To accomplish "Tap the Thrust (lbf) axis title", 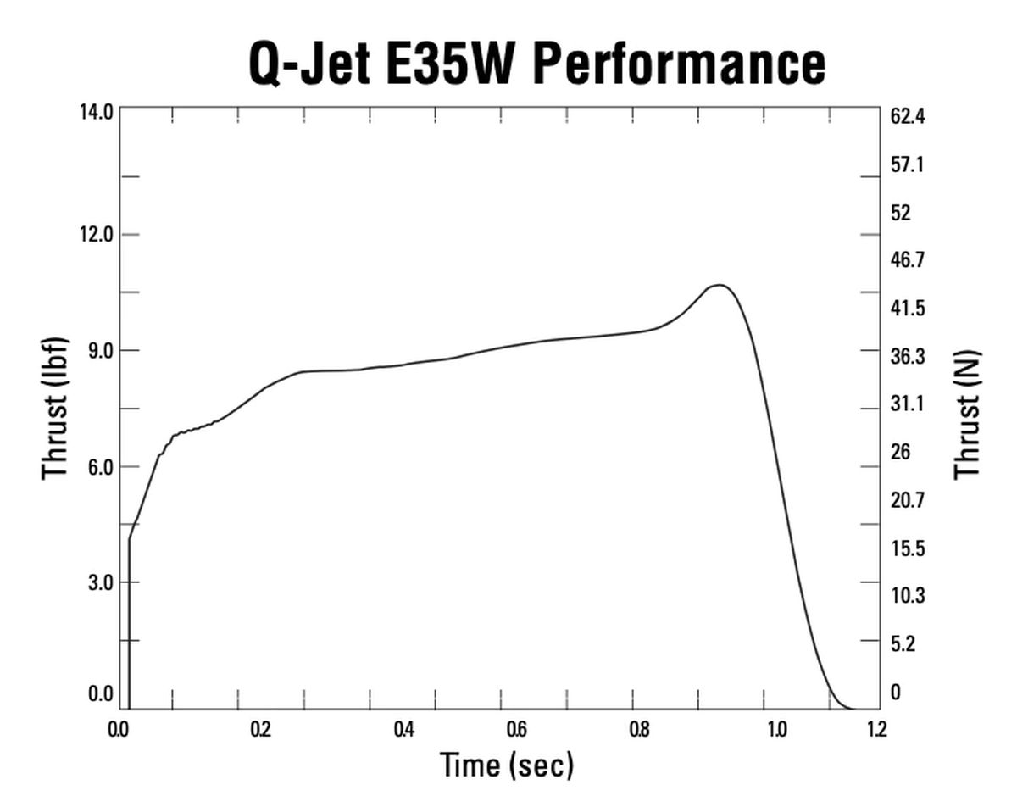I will (54, 408).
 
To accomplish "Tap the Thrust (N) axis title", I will (967, 414).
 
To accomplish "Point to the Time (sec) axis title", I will (507, 765).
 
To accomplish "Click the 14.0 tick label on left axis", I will (96, 112).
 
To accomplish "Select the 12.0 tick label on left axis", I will (96, 235).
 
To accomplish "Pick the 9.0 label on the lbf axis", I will (99, 351).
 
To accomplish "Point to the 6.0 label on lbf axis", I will (99, 467).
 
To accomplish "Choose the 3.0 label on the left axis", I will (99, 583).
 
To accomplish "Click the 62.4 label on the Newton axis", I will (907, 116).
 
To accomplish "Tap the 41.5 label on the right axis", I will (907, 309).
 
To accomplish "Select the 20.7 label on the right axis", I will (907, 500).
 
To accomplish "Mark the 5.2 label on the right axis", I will (902, 644).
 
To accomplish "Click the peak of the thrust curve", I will (720, 286).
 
